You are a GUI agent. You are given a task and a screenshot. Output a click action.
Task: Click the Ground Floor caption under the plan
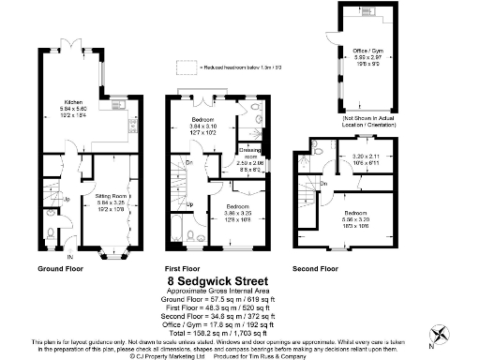pos(62,268)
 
